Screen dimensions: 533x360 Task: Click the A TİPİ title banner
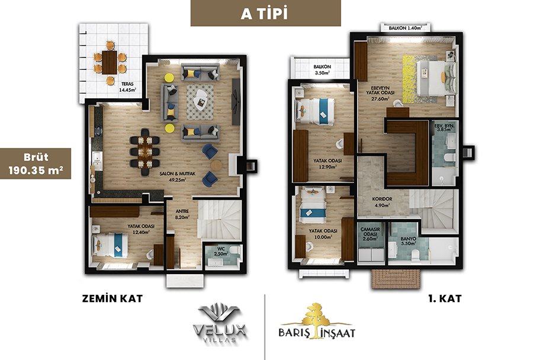pyautogui.click(x=265, y=13)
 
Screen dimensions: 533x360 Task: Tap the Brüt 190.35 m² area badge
pyautogui.click(x=36, y=163)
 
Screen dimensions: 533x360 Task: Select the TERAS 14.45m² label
pyautogui.click(x=127, y=87)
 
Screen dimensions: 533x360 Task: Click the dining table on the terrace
pyautogui.click(x=110, y=62)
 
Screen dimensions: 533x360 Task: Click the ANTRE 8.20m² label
pyautogui.click(x=182, y=214)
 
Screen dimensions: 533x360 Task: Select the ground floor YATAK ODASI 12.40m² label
pyautogui.click(x=141, y=229)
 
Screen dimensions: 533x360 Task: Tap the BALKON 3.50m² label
pyautogui.click(x=322, y=70)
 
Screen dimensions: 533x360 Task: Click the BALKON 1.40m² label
pyautogui.click(x=406, y=28)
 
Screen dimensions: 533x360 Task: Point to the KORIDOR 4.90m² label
pyautogui.click(x=382, y=202)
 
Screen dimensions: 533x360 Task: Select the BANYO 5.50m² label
pyautogui.click(x=408, y=241)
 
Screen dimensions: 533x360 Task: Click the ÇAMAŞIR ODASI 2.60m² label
pyautogui.click(x=370, y=234)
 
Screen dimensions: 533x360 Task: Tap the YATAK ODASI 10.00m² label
pyautogui.click(x=323, y=234)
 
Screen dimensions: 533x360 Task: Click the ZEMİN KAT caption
pyautogui.click(x=113, y=298)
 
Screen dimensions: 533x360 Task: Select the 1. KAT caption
pyautogui.click(x=445, y=298)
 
